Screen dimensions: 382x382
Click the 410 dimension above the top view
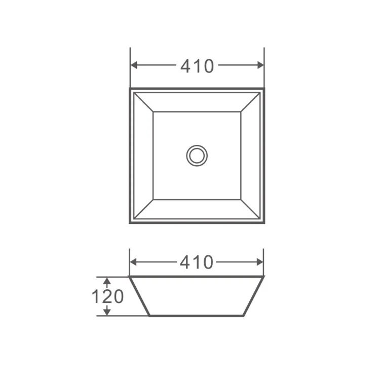click(x=197, y=66)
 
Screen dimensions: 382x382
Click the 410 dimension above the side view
click(x=197, y=262)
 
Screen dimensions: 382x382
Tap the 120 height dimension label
click(x=108, y=296)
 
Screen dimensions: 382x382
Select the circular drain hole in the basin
click(x=197, y=156)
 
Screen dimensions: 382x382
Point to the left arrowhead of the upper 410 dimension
click(x=134, y=65)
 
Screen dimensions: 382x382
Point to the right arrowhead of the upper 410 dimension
click(x=260, y=65)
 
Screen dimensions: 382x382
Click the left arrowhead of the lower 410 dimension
click(x=133, y=262)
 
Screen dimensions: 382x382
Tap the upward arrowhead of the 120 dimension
click(x=107, y=281)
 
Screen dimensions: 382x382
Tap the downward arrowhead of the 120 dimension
click(x=107, y=312)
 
